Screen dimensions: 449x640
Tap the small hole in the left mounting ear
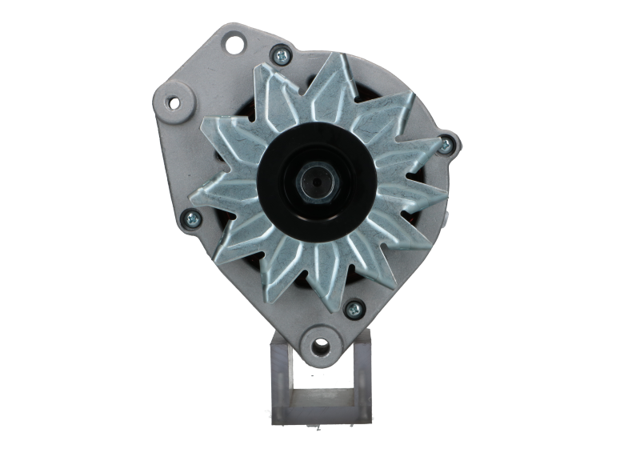pyautogui.click(x=171, y=102)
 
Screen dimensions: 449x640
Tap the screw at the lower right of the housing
pyautogui.click(x=350, y=306)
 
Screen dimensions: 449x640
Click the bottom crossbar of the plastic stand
pyautogui.click(x=320, y=415)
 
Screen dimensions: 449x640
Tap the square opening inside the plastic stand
pyautogui.click(x=320, y=392)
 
